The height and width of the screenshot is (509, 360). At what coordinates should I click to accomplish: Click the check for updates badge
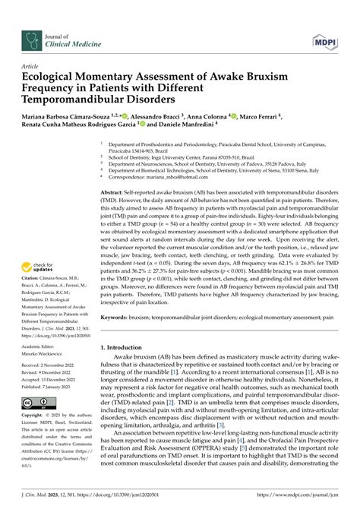point(41,266)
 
